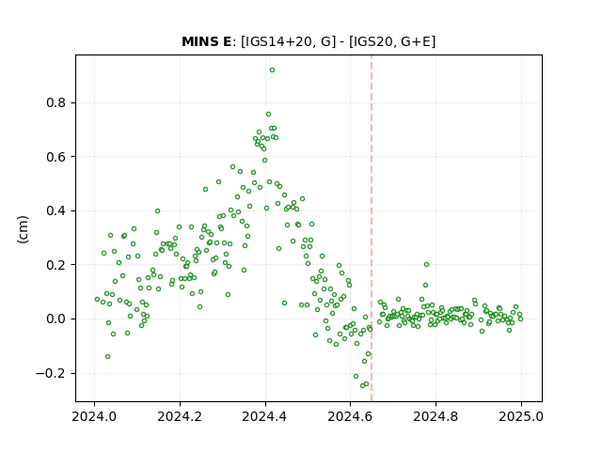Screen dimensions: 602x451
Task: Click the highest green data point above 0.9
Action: pos(272,70)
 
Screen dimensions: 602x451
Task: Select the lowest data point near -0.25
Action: pos(362,385)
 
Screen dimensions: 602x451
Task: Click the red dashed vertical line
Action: pos(372,228)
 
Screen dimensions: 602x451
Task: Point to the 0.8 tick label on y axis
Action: pos(56,102)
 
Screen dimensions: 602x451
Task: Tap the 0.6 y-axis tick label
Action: pos(56,157)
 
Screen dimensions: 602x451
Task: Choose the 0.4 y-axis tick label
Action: pos(56,210)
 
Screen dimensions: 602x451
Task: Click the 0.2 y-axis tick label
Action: pos(56,265)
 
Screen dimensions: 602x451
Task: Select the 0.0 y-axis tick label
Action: pos(56,319)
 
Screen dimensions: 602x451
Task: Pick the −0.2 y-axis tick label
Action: pos(51,373)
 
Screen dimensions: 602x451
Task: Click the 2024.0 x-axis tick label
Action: pos(94,416)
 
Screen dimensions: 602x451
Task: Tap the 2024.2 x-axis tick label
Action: pos(180,416)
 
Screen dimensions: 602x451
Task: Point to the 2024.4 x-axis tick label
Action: pos(264,416)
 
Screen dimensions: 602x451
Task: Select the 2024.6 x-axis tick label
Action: pos(350,416)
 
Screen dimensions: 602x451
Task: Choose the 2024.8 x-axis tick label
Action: pos(436,416)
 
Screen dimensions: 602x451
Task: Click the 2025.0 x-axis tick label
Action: pos(521,416)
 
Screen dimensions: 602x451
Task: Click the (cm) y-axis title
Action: pos(23,229)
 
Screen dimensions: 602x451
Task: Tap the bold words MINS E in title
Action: pos(207,41)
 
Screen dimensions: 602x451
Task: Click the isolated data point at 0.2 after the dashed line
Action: pos(426,265)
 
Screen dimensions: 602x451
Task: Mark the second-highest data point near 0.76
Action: pos(268,115)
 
